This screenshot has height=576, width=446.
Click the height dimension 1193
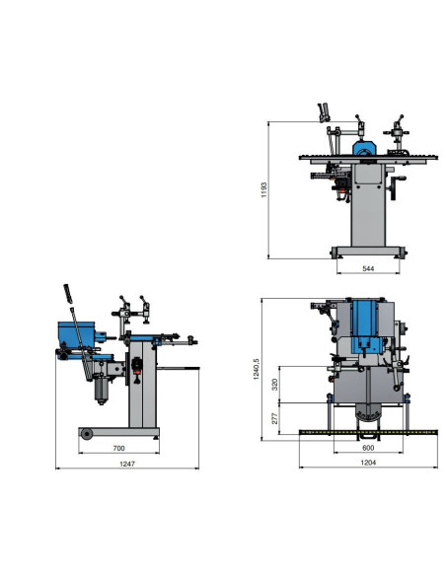pos(263,190)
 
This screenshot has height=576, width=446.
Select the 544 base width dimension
pos(368,268)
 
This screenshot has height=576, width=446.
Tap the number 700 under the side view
pos(118,448)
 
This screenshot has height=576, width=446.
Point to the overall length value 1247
pos(127,464)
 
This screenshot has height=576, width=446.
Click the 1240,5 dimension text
pos(257,369)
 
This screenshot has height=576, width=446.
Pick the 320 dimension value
pos(274,385)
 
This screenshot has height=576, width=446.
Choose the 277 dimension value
pos(274,418)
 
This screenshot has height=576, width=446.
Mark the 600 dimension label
pos(368,448)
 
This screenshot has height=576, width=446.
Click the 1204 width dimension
pos(368,463)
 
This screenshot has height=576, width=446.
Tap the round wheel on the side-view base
pos(87,434)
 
